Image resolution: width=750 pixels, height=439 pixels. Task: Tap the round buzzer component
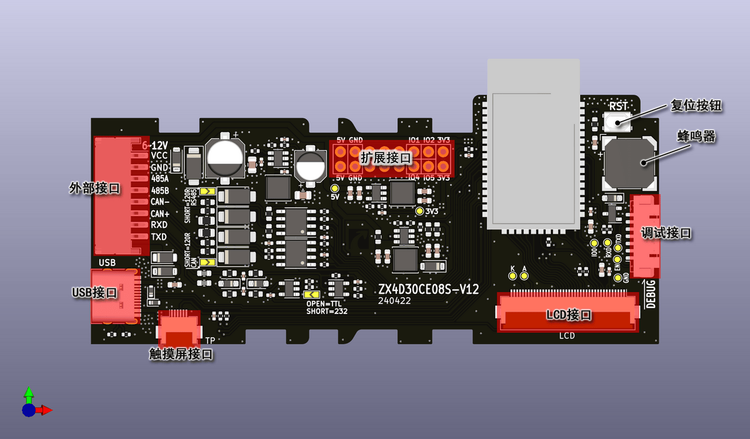coord(629,163)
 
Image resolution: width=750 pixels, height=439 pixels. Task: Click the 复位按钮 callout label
coord(696,106)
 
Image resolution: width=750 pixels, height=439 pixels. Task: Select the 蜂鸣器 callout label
coord(696,136)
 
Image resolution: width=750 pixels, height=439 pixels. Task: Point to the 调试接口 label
coord(666,233)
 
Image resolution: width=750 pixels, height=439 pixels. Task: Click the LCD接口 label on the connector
coord(569,315)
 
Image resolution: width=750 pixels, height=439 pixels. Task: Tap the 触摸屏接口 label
coord(181,354)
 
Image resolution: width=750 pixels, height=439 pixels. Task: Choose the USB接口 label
coord(94,292)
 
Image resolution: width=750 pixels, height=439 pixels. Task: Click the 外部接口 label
coord(94,188)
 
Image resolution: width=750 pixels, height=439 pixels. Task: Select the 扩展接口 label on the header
coord(386,157)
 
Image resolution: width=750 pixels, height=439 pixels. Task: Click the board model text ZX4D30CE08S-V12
coord(428,289)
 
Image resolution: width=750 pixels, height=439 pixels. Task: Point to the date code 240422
coord(395,300)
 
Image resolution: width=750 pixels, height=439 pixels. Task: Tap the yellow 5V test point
coord(335,188)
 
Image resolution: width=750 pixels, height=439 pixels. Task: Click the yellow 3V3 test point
coord(419,211)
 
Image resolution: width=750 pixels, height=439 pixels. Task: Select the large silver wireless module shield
coord(533,144)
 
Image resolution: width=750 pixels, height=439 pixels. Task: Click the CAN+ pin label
coord(160,213)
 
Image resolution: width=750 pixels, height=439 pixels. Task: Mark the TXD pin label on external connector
coord(159,237)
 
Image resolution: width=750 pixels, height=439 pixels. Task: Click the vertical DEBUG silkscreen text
coord(651,294)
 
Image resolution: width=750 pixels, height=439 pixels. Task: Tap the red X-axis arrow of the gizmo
coord(44,410)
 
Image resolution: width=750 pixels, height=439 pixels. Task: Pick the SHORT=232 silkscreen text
coord(327,311)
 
